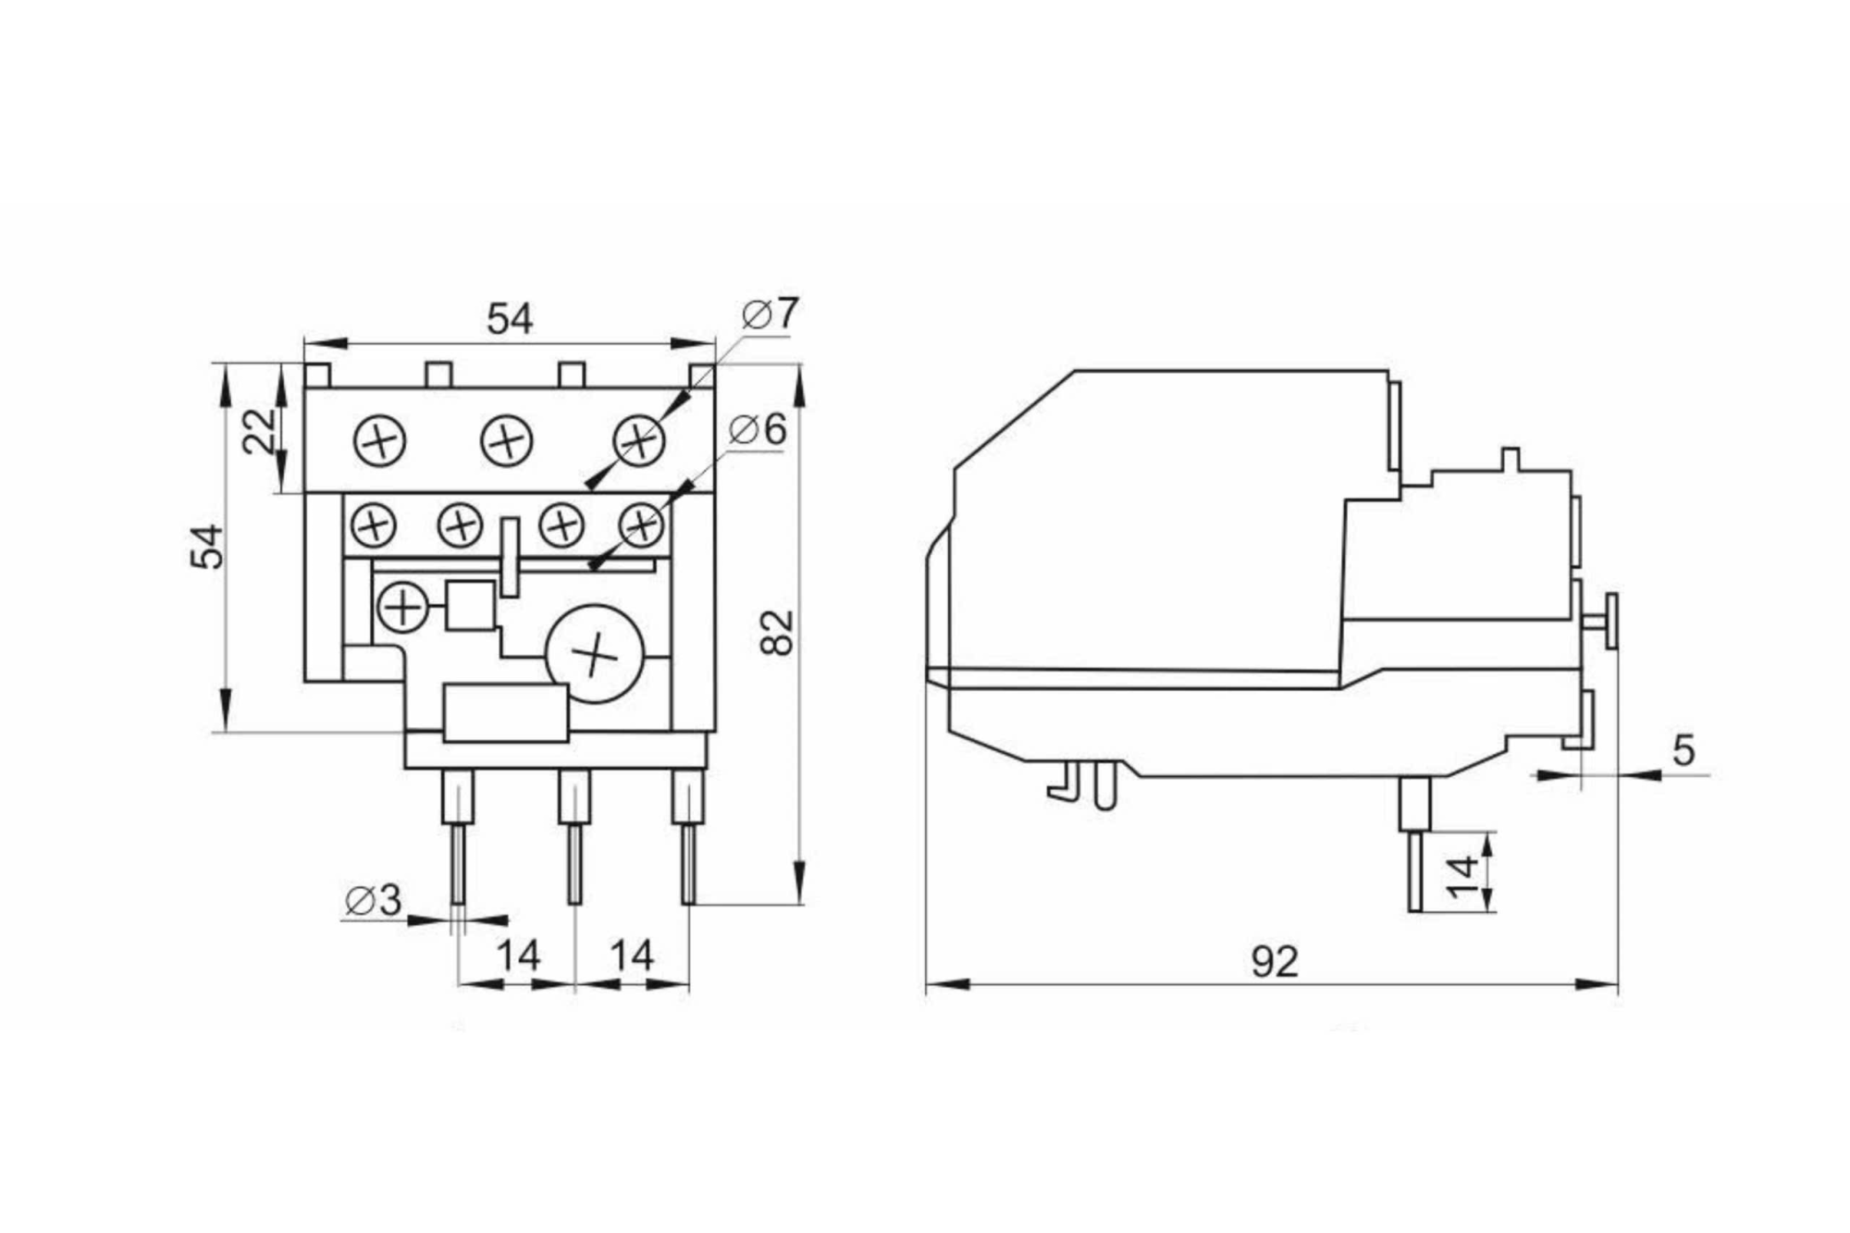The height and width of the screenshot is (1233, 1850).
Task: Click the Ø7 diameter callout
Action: (x=770, y=314)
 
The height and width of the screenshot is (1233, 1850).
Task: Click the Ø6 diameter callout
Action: (x=758, y=430)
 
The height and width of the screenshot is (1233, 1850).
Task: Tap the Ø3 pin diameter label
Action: (x=374, y=900)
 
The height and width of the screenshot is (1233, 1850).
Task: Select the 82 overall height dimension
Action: (x=778, y=633)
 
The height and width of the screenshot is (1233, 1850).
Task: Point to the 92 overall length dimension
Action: (x=1275, y=963)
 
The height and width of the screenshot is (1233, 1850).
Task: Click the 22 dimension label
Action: (x=260, y=430)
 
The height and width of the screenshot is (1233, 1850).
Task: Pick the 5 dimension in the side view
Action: (x=1683, y=751)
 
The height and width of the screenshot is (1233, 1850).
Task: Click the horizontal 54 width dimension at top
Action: (x=510, y=320)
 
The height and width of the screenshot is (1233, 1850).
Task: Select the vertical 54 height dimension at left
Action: (x=208, y=546)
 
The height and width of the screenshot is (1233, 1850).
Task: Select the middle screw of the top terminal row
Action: (x=507, y=440)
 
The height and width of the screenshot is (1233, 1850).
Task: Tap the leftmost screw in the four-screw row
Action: (x=374, y=526)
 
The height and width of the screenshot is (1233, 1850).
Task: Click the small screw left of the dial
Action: (x=402, y=608)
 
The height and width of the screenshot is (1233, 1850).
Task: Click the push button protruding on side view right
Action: (x=1609, y=621)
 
